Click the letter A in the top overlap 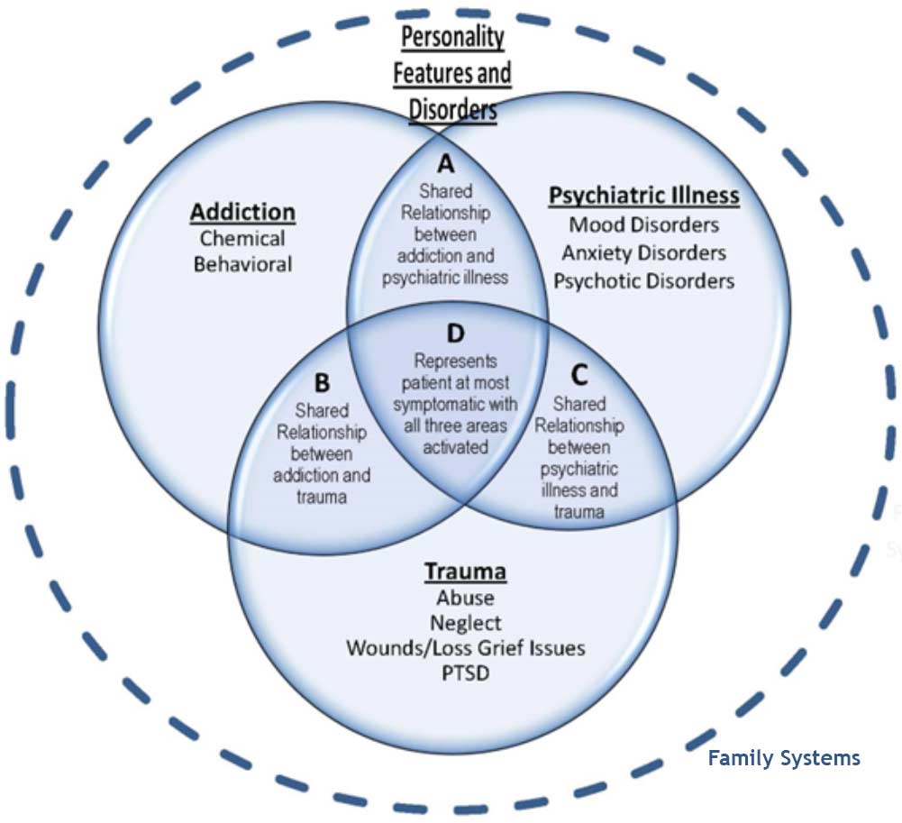(x=446, y=164)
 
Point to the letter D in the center (x=455, y=334)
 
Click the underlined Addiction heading (x=242, y=213)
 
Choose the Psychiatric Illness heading (x=644, y=196)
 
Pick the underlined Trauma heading (x=465, y=572)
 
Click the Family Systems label (x=783, y=758)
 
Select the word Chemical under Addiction (x=242, y=239)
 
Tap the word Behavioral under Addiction (x=242, y=265)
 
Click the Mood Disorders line (x=644, y=224)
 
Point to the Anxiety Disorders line (x=644, y=252)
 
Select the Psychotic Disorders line (x=644, y=281)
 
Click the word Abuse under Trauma (x=465, y=598)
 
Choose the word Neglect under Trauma (x=465, y=623)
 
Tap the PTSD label (x=465, y=673)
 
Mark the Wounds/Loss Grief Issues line (x=465, y=648)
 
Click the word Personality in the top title (x=452, y=37)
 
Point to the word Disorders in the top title (x=452, y=108)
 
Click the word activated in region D (x=455, y=446)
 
